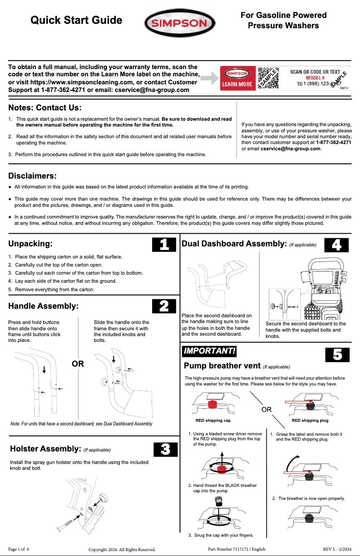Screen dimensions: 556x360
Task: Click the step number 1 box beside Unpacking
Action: [x=164, y=245]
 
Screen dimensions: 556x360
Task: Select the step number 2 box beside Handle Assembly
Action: [x=164, y=306]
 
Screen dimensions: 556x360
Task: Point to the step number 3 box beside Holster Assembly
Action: [x=164, y=449]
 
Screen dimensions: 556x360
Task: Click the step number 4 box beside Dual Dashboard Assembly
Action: [x=336, y=245]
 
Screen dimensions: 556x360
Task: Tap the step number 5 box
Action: [x=337, y=355]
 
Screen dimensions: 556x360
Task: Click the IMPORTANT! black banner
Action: [x=209, y=350]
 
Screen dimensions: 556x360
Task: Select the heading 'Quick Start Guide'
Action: [x=76, y=20]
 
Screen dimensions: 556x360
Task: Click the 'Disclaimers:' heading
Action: [x=33, y=175]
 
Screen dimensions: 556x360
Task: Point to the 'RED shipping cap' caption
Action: [x=213, y=420]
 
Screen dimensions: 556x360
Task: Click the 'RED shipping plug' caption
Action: [x=310, y=420]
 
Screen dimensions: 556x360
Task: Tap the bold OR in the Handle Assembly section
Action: [x=78, y=363]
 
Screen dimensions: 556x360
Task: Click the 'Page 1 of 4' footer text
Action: [x=19, y=549]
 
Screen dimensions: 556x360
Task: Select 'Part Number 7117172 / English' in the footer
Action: [x=237, y=549]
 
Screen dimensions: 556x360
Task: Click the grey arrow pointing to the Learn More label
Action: [x=208, y=79]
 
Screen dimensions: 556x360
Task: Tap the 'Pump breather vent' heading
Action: [x=222, y=366]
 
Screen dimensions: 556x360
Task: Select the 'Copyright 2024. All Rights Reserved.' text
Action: [x=122, y=549]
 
